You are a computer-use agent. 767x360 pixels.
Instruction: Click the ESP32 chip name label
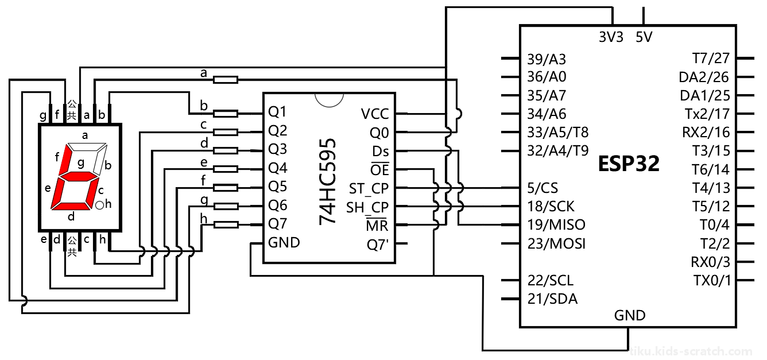pos(629,164)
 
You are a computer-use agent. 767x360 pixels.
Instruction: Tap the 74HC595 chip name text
pos(328,181)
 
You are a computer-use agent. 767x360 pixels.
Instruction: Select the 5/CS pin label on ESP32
pos(543,188)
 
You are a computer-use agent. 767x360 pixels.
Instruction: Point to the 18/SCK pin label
pos(551,207)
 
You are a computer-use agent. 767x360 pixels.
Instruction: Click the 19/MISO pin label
pos(556,225)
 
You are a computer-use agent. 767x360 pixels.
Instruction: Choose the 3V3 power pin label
pos(611,37)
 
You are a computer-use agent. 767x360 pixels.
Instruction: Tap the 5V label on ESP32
pos(644,37)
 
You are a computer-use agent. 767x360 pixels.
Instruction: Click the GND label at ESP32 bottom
pos(630,315)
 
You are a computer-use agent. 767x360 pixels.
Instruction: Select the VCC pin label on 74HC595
pos(375,114)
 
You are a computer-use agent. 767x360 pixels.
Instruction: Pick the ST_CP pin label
pos(369,189)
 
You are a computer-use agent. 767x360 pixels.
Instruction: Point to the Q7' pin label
pos(378,245)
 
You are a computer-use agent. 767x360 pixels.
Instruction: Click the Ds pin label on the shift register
pos(381,152)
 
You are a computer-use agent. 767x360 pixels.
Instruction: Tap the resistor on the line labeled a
pos(225,80)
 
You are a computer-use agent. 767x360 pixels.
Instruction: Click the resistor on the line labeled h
pos(225,224)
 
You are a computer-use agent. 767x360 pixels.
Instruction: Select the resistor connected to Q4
pos(225,169)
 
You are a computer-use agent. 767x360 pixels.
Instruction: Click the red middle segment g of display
pos(79,176)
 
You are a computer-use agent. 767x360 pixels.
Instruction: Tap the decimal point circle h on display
pos(99,205)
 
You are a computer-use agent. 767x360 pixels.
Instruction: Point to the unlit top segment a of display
pos(87,147)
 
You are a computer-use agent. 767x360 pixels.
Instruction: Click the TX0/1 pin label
pos(712,281)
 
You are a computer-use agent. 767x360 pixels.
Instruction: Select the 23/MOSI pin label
pos(556,243)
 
